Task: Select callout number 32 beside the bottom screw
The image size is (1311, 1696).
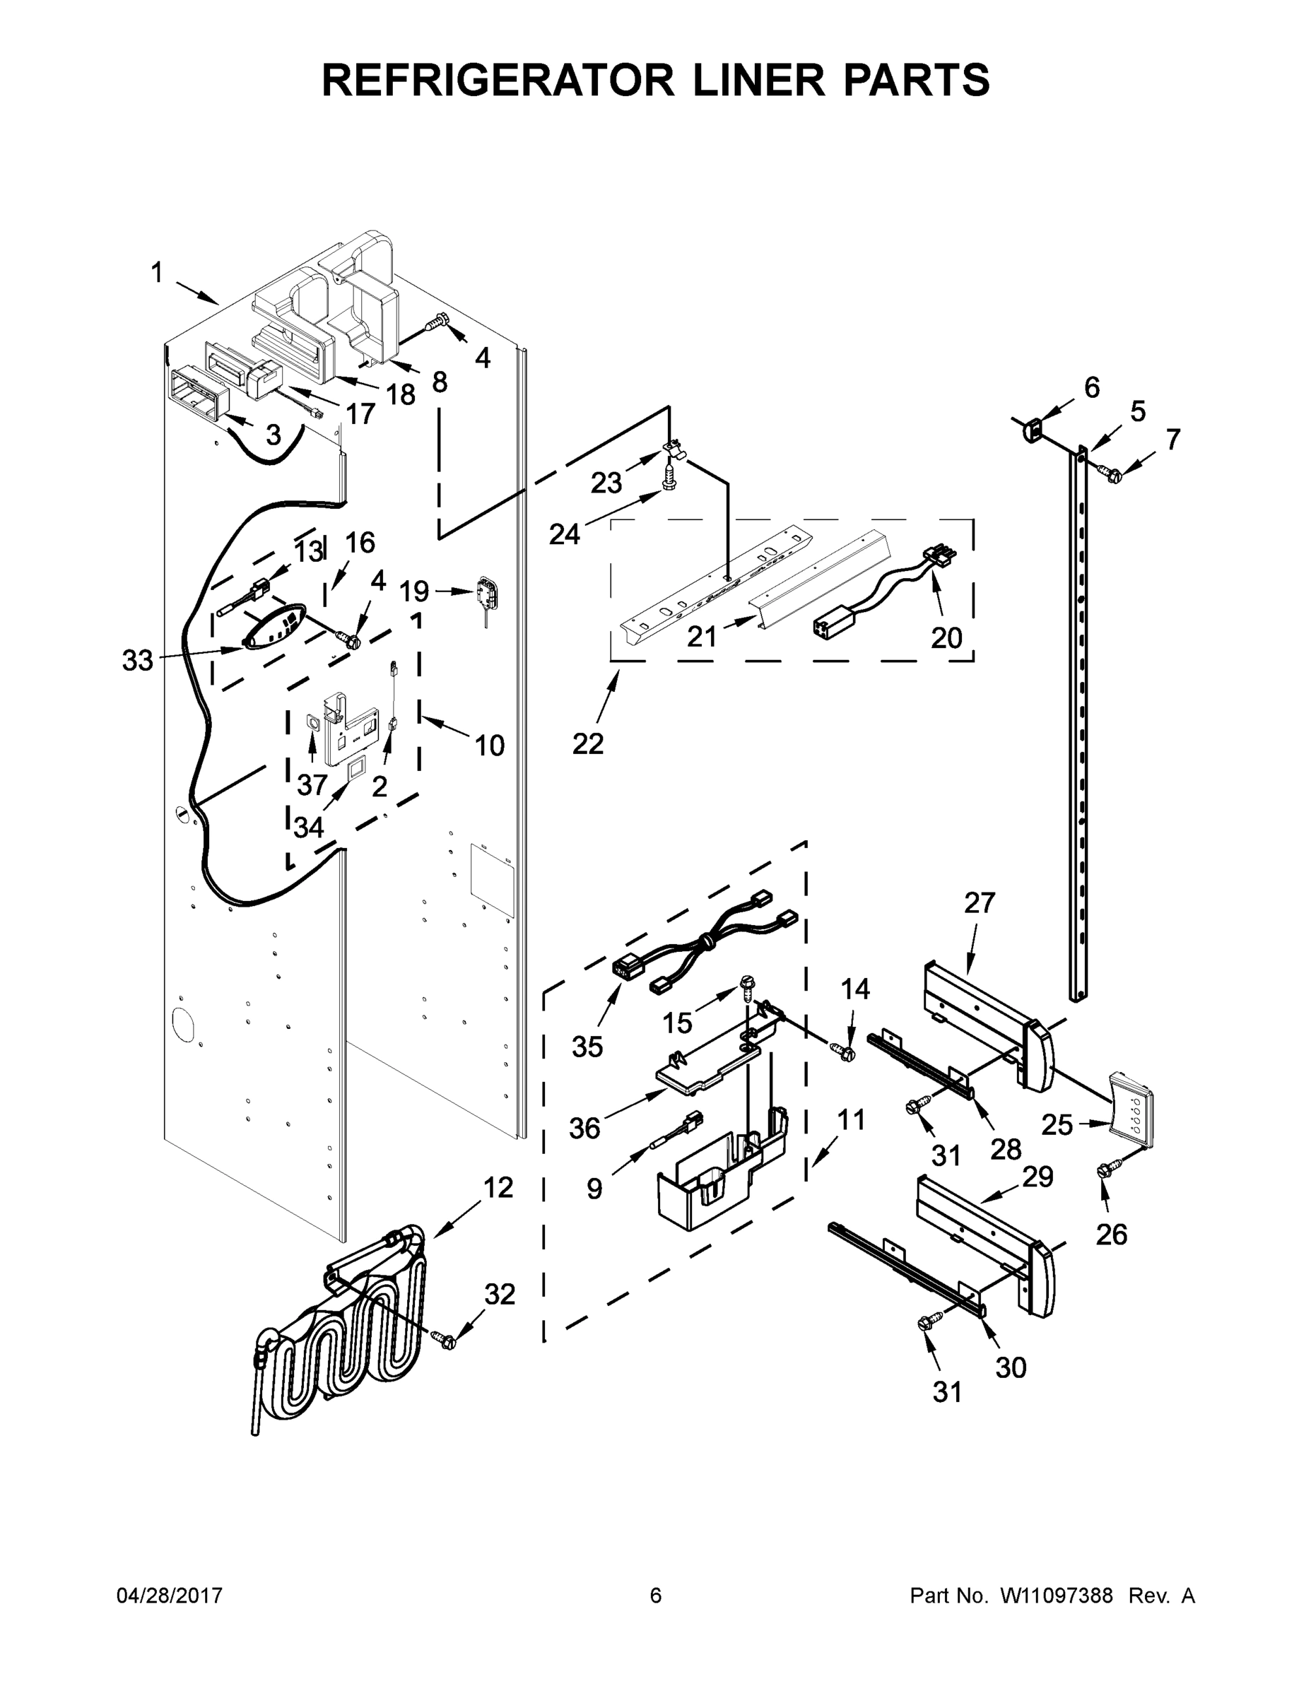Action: click(x=500, y=1294)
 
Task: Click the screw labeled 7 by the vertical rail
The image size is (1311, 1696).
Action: click(x=1109, y=471)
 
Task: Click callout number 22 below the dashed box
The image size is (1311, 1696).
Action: click(x=588, y=743)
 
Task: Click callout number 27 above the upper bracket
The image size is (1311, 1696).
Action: click(x=980, y=903)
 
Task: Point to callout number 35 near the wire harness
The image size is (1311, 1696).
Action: click(x=587, y=1046)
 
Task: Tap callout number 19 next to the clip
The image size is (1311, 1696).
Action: click(x=414, y=591)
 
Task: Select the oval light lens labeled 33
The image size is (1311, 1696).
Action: click(x=272, y=626)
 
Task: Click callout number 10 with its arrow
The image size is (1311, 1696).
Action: click(x=489, y=746)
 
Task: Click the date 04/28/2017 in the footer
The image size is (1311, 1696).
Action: click(x=170, y=1595)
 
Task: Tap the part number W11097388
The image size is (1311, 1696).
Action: click(x=1057, y=1595)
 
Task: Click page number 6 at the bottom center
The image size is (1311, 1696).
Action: click(x=656, y=1595)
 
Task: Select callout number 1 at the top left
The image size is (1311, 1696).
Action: click(x=157, y=273)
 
